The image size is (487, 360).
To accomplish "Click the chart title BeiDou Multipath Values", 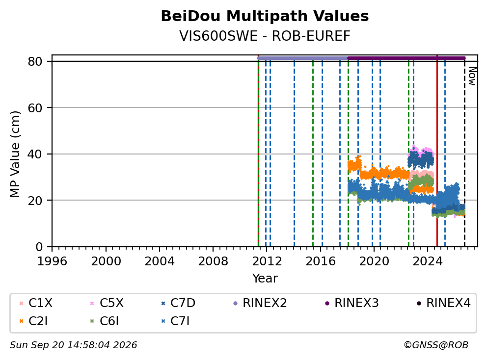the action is click(x=265, y=16).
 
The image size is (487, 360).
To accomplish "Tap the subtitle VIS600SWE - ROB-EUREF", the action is click(x=265, y=36).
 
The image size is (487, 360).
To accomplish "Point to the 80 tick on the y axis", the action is click(x=35, y=61).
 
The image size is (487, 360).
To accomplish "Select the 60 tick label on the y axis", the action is click(x=35, y=108).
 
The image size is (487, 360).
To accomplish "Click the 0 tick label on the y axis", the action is click(x=39, y=247).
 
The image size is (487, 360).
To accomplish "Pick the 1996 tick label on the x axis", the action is click(x=52, y=261).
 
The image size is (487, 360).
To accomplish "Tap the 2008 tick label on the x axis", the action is click(x=213, y=261).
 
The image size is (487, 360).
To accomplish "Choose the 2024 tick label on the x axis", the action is click(x=428, y=261).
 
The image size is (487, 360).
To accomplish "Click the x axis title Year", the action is click(x=265, y=279).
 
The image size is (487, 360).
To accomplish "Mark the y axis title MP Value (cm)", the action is click(x=15, y=154).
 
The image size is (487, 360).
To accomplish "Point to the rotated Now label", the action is click(x=472, y=77).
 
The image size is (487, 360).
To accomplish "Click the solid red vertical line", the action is click(x=437, y=151).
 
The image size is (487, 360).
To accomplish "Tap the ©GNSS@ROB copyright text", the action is click(x=436, y=345).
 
